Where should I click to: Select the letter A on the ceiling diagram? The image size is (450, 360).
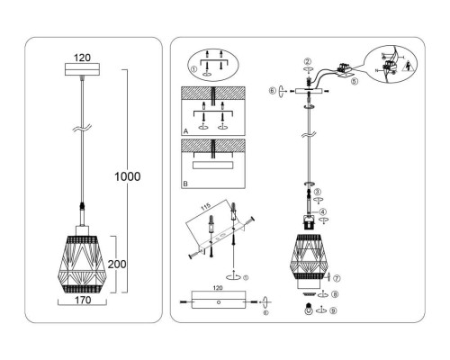click(186, 130)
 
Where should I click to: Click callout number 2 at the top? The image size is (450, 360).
click(308, 60)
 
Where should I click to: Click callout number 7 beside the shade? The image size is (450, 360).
click(337, 278)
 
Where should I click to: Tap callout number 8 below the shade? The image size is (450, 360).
click(336, 294)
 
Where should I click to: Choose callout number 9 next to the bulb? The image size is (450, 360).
click(335, 311)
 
